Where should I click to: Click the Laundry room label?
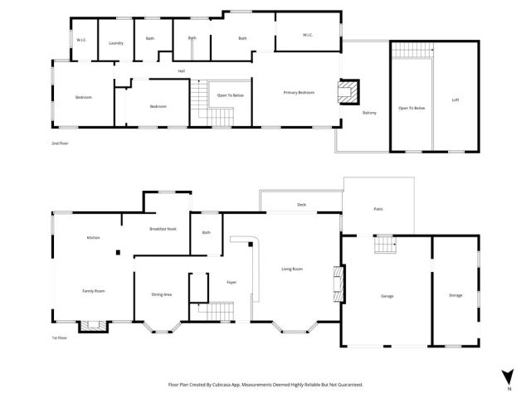click(x=115, y=41)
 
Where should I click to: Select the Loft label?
click(x=455, y=99)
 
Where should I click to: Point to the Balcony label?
click(x=369, y=113)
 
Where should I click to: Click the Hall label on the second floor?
click(x=181, y=71)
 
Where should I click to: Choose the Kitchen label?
click(x=94, y=238)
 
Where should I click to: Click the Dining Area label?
click(x=161, y=295)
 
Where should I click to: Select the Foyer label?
click(x=231, y=283)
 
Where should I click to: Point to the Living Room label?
click(x=292, y=269)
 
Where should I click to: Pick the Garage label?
click(x=387, y=296)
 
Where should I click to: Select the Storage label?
click(x=455, y=295)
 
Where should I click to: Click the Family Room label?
click(x=93, y=291)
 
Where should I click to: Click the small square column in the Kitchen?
click(x=119, y=253)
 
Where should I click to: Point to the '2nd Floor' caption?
click(x=59, y=143)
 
